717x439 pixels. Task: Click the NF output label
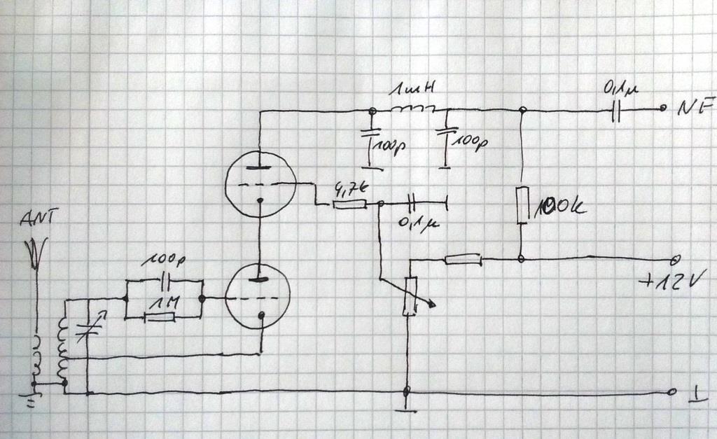point(697,109)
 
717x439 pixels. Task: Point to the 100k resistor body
point(522,205)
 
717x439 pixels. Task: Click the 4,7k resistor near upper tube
point(349,204)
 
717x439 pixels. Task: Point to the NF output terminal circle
point(662,110)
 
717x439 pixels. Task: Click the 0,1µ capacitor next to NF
point(615,111)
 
